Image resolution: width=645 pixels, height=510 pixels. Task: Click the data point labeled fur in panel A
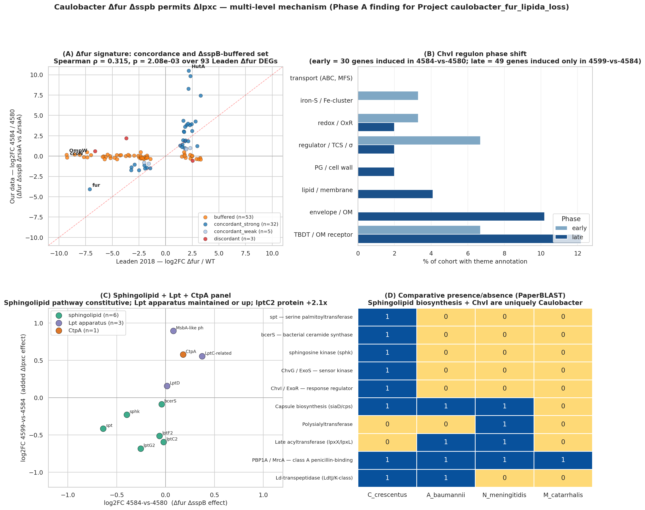click(x=90, y=189)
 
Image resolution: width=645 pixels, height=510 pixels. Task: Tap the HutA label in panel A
click(x=198, y=67)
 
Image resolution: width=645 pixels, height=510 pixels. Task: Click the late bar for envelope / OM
click(x=451, y=216)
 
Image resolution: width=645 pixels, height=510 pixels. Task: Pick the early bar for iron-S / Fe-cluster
click(x=388, y=96)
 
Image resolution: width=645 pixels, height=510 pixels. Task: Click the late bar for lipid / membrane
click(x=395, y=194)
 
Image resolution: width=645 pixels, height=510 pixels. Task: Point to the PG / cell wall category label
click(x=333, y=168)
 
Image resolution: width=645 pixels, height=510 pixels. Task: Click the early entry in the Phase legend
click(x=571, y=228)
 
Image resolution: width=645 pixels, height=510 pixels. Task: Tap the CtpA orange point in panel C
click(x=183, y=354)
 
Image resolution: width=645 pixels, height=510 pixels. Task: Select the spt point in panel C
click(x=103, y=429)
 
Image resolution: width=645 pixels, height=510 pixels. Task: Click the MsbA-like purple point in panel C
click(x=173, y=331)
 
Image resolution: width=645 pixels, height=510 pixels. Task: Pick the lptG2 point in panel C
click(x=141, y=449)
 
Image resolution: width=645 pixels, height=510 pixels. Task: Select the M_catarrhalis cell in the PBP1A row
click(x=563, y=460)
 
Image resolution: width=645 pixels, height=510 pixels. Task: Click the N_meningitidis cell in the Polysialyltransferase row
click(x=504, y=424)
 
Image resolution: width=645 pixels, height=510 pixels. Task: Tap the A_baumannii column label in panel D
click(x=446, y=495)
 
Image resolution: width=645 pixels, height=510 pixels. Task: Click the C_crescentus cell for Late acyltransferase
click(x=387, y=442)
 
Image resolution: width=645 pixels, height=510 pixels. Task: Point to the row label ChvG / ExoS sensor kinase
click(x=317, y=371)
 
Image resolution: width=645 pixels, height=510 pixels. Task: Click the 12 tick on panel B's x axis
click(x=577, y=254)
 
